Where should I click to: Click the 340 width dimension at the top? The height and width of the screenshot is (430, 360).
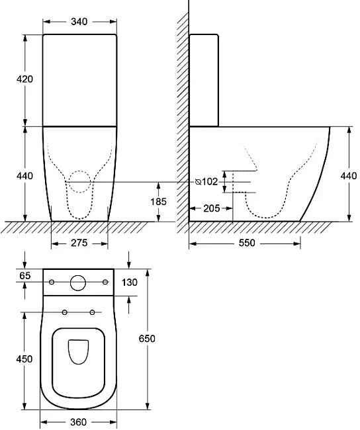tap(79, 21)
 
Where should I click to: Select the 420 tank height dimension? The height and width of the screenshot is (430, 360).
tap(24, 79)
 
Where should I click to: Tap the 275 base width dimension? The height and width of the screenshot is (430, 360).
tap(79, 243)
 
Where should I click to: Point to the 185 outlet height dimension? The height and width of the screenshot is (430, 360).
tap(158, 202)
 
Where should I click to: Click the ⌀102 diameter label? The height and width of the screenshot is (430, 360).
tap(206, 181)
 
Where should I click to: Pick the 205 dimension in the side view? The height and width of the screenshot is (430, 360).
tap(212, 208)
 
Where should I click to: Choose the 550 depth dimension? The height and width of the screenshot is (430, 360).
tap(247, 243)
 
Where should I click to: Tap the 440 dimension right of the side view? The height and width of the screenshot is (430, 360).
tap(349, 176)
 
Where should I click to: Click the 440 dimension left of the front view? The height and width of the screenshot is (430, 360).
tap(24, 176)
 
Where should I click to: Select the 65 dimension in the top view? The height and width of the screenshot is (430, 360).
tap(25, 276)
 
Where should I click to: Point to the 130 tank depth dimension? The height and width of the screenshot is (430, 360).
tap(129, 282)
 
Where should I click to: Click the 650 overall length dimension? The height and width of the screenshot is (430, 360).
tap(147, 339)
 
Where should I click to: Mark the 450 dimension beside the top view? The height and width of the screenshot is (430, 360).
tap(24, 359)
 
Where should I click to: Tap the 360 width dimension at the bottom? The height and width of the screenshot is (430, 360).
tap(78, 422)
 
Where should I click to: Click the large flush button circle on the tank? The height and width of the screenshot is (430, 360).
tap(78, 282)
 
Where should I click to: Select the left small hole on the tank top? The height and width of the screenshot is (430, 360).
tap(52, 282)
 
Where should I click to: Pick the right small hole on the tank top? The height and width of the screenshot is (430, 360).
tap(105, 282)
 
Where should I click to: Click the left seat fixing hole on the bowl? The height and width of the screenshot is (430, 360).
tap(65, 312)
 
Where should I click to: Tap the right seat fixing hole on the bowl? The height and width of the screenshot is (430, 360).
tap(93, 312)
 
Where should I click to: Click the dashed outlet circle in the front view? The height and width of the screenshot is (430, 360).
tap(69, 181)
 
